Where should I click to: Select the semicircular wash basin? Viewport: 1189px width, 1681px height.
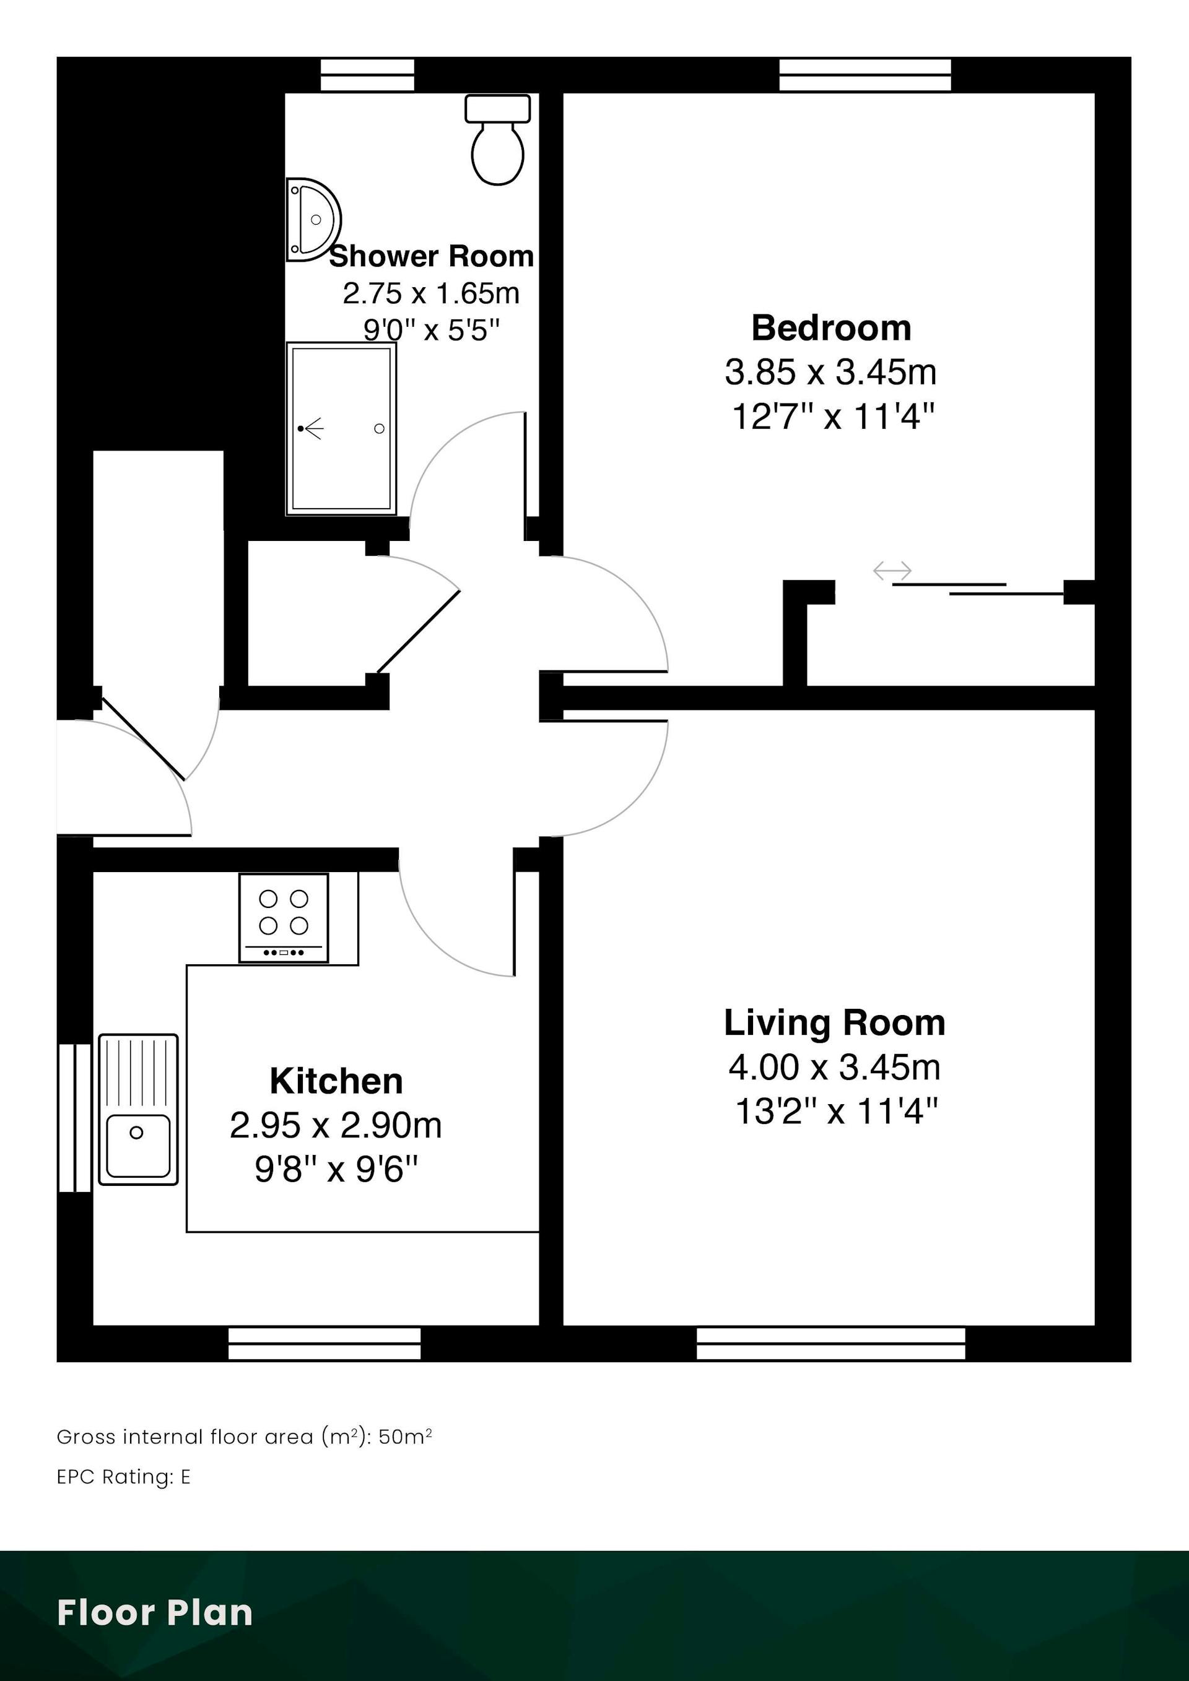313,220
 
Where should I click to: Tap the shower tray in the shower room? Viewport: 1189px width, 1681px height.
341,428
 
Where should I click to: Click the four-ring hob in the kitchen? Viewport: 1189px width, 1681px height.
284,917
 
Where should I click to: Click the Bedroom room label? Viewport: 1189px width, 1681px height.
832,327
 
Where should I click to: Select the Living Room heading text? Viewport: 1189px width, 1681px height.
834,1023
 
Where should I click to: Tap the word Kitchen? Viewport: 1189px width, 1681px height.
336,1081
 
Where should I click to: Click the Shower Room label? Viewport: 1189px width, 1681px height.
432,256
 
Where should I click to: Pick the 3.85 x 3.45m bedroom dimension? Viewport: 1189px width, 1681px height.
831,372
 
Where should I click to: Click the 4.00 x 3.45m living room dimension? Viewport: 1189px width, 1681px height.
834,1068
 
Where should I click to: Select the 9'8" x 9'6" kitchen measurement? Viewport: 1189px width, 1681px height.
336,1169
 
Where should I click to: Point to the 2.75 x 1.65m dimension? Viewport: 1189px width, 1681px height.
431,293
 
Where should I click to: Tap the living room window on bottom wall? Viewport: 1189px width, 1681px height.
831,1344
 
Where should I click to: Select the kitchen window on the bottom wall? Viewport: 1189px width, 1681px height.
324,1344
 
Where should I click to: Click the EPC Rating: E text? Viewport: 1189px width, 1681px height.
124,1477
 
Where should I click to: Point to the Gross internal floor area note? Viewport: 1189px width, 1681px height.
244,1437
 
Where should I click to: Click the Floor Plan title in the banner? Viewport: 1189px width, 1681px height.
155,1612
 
